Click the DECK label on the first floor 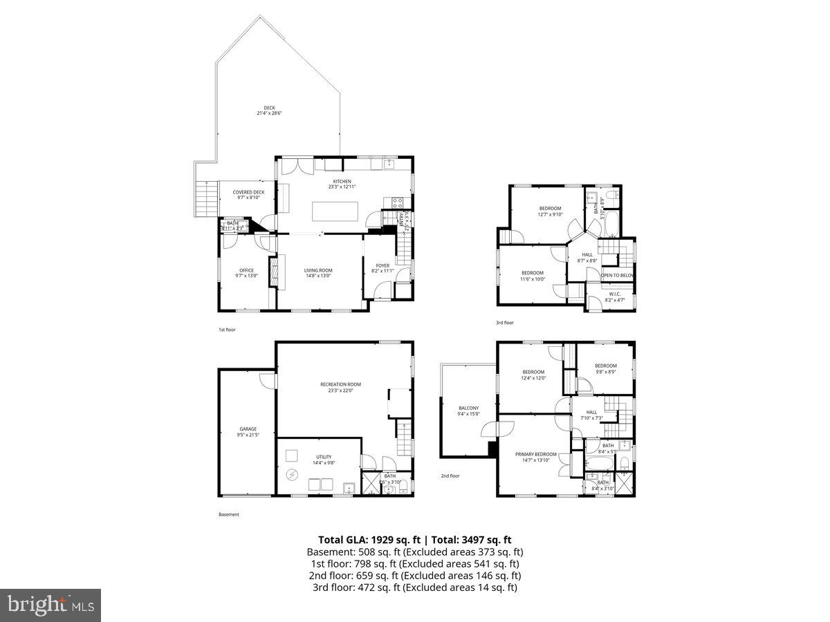coord(269,108)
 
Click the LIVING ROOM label coord(318,270)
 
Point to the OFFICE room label coord(246,270)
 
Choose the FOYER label coord(382,265)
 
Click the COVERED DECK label coord(248,192)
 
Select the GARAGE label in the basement coord(248,429)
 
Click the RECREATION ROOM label coord(340,384)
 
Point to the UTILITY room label coord(324,457)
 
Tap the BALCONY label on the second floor coord(468,408)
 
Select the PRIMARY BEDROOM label coord(535,454)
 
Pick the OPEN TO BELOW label coord(618,276)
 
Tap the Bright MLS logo coord(50,605)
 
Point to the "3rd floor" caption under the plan coord(504,323)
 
